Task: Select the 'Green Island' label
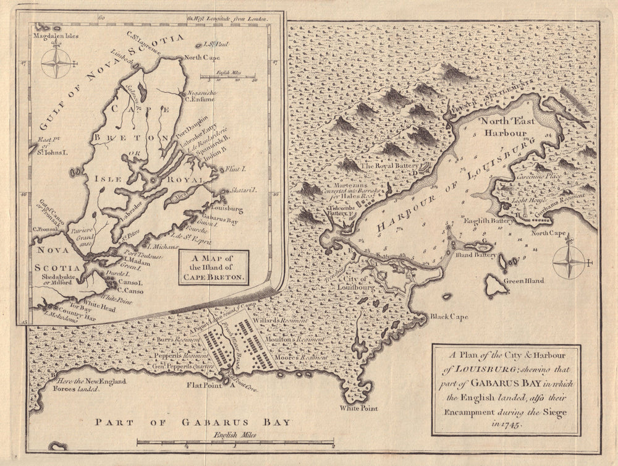tap(524, 281)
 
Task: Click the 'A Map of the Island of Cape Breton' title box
tap(213, 268)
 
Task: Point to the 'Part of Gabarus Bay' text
tap(192, 423)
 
